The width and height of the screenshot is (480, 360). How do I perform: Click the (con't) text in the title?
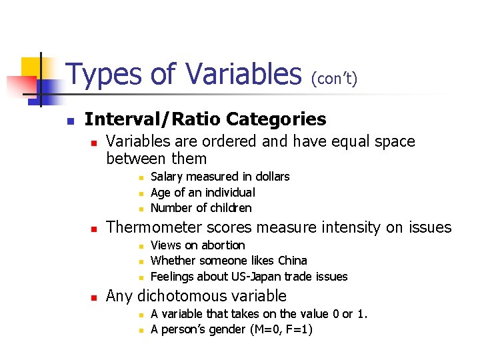pos(334,79)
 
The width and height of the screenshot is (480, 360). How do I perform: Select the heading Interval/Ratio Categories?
pos(205,119)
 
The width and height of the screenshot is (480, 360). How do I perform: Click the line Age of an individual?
pos(203,193)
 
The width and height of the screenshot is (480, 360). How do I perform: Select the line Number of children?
pos(201,208)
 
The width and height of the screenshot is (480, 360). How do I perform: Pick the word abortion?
pos(223,245)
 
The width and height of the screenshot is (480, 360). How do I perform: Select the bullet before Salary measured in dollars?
pos(141,177)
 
